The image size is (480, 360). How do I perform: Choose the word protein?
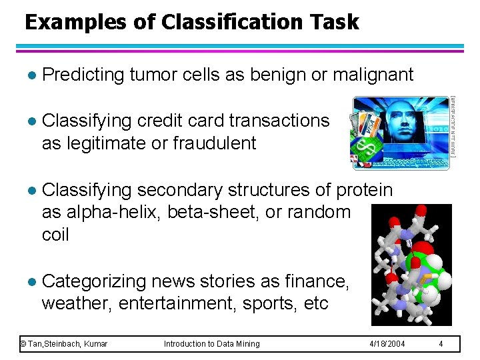coord(364,190)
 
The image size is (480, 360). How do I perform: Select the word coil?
coord(55,235)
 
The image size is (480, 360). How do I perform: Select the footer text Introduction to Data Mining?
coord(212,343)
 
